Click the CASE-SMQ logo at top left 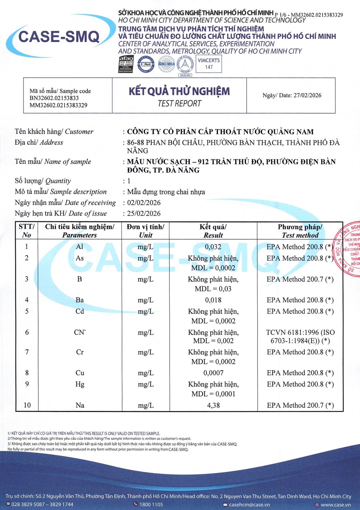coord(58,37)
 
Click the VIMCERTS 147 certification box coord(209,64)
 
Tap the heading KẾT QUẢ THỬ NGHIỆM coord(179,91)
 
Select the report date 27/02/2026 coord(307,95)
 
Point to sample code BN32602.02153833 coord(54,98)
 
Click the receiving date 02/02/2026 coord(144,203)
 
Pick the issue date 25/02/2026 coord(144,214)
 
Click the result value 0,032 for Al coord(213,247)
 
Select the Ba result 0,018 coord(213,300)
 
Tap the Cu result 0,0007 coord(213,373)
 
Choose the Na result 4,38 coord(213,405)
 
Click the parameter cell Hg coord(80,384)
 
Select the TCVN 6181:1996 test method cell coord(300,336)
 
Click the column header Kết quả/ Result coord(213,231)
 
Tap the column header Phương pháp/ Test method coord(300,231)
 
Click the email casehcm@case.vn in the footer coord(249,505)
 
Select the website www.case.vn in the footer coord(336,505)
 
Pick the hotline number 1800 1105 coord(151,505)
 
